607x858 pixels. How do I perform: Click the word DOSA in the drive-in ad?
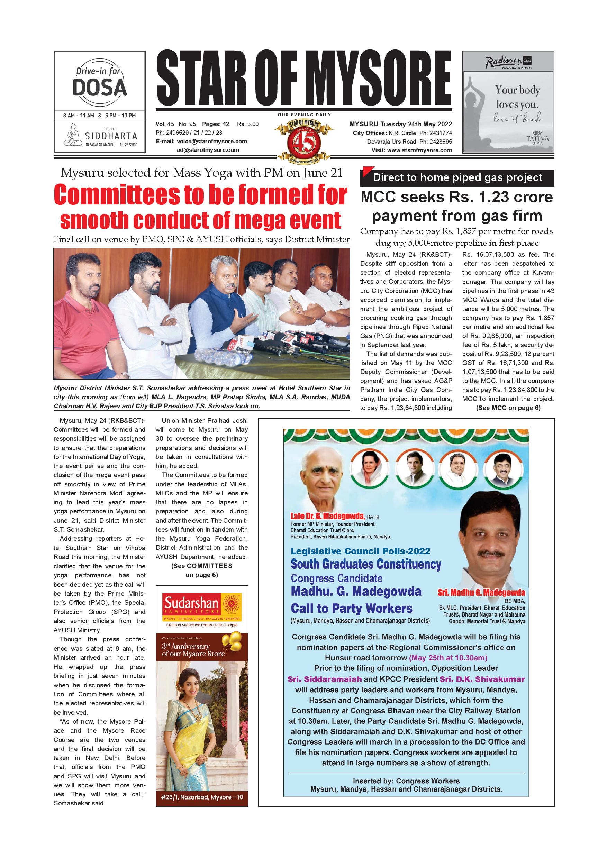[99, 88]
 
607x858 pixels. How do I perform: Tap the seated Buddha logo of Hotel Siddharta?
[73, 135]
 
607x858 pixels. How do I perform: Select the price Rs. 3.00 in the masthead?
[248, 124]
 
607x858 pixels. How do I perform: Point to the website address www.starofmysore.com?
[419, 150]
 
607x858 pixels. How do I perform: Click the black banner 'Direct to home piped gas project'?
[457, 177]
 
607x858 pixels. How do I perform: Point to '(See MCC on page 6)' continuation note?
[508, 408]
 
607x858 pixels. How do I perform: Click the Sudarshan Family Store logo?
[202, 606]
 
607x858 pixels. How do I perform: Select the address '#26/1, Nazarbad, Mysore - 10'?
[202, 797]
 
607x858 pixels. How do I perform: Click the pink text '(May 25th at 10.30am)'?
[448, 658]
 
